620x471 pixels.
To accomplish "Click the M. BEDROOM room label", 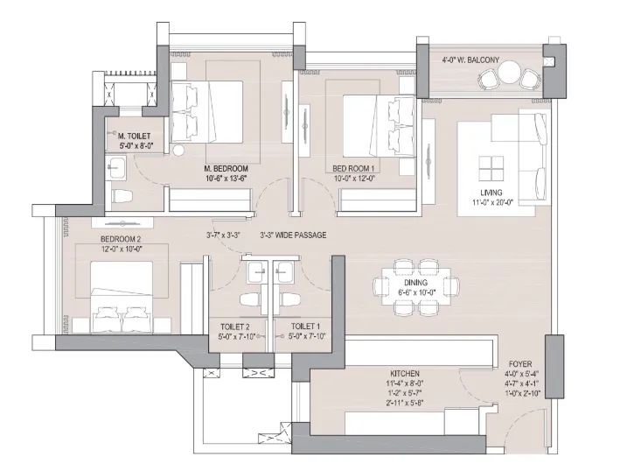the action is tap(226, 168).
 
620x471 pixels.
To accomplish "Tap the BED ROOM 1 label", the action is tap(353, 168).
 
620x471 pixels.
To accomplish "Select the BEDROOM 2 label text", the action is tap(121, 239).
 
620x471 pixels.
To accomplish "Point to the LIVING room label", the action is tap(491, 193).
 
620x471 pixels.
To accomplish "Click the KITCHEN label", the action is tap(405, 373).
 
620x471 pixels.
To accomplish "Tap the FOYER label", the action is tap(520, 363).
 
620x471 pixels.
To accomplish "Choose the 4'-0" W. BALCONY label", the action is tap(470, 60).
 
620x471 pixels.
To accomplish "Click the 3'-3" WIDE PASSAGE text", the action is tap(293, 235).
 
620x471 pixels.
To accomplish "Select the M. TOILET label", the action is tap(134, 137).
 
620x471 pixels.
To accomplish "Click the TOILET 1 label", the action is tap(305, 327).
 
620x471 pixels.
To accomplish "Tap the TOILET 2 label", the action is tap(235, 327).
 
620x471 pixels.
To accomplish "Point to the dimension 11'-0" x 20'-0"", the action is tap(492, 202).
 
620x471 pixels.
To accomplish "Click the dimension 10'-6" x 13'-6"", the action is tap(226, 178).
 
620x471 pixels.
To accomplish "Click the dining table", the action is tap(416, 287).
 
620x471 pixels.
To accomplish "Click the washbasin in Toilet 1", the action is tap(285, 272).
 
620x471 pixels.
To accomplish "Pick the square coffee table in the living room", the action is tap(491, 169).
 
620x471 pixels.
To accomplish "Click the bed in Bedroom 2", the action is tap(122, 297).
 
